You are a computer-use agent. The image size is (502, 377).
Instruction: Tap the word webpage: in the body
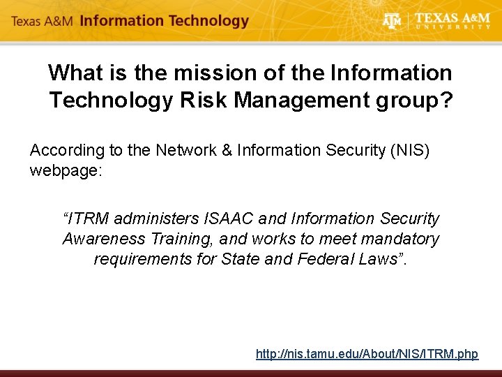(66, 170)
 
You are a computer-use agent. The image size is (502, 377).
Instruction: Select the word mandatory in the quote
(397, 239)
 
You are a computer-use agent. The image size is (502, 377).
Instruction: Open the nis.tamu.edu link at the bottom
(367, 354)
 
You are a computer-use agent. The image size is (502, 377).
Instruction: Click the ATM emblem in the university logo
(393, 21)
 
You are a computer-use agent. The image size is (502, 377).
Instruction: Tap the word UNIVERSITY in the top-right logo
(453, 27)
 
